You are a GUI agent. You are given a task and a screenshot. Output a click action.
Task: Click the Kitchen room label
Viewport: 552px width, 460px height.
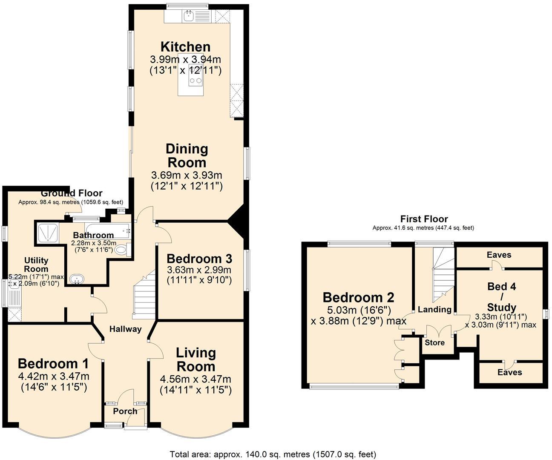[185, 46]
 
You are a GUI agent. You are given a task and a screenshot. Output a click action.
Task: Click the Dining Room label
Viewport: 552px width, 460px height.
[187, 155]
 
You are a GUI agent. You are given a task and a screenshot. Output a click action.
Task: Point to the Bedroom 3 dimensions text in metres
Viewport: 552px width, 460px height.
[199, 270]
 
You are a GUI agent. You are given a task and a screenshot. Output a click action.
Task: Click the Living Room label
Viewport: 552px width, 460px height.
[196, 359]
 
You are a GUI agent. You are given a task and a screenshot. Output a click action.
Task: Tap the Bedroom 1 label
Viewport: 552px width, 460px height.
[53, 364]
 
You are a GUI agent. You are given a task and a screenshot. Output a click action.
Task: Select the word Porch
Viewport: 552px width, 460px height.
[125, 411]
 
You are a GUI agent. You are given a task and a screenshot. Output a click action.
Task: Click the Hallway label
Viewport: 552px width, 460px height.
[125, 329]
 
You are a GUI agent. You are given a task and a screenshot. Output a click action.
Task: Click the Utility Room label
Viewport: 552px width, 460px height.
[36, 264]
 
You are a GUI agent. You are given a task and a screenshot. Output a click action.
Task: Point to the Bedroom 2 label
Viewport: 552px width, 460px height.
[358, 297]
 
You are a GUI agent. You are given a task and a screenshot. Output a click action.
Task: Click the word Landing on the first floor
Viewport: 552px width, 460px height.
[434, 310]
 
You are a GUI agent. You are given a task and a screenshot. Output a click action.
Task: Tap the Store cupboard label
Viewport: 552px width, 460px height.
[434, 342]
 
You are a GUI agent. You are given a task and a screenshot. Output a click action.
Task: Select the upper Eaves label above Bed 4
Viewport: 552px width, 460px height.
[499, 255]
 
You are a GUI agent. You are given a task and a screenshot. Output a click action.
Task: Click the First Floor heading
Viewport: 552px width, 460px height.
[424, 219]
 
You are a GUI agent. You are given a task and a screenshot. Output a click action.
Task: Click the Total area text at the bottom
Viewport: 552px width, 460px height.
[273, 454]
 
